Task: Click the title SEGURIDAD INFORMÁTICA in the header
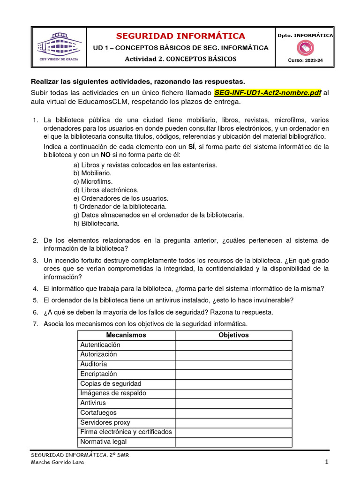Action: point(180,36)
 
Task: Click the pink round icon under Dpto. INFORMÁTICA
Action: point(306,48)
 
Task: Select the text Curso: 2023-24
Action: point(306,60)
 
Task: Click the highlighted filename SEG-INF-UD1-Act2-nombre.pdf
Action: point(268,93)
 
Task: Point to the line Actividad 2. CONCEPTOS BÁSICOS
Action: point(180,59)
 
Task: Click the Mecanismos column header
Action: point(126,335)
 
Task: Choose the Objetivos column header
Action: point(233,335)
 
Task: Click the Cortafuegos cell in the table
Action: point(98,412)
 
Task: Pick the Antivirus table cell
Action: point(93,403)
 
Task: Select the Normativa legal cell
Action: point(103,442)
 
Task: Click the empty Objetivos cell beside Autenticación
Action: point(233,345)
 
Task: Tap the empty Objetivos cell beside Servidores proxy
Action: point(233,422)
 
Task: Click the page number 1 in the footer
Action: point(326,463)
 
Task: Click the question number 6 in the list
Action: point(35,312)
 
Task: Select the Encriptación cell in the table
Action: point(98,374)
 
